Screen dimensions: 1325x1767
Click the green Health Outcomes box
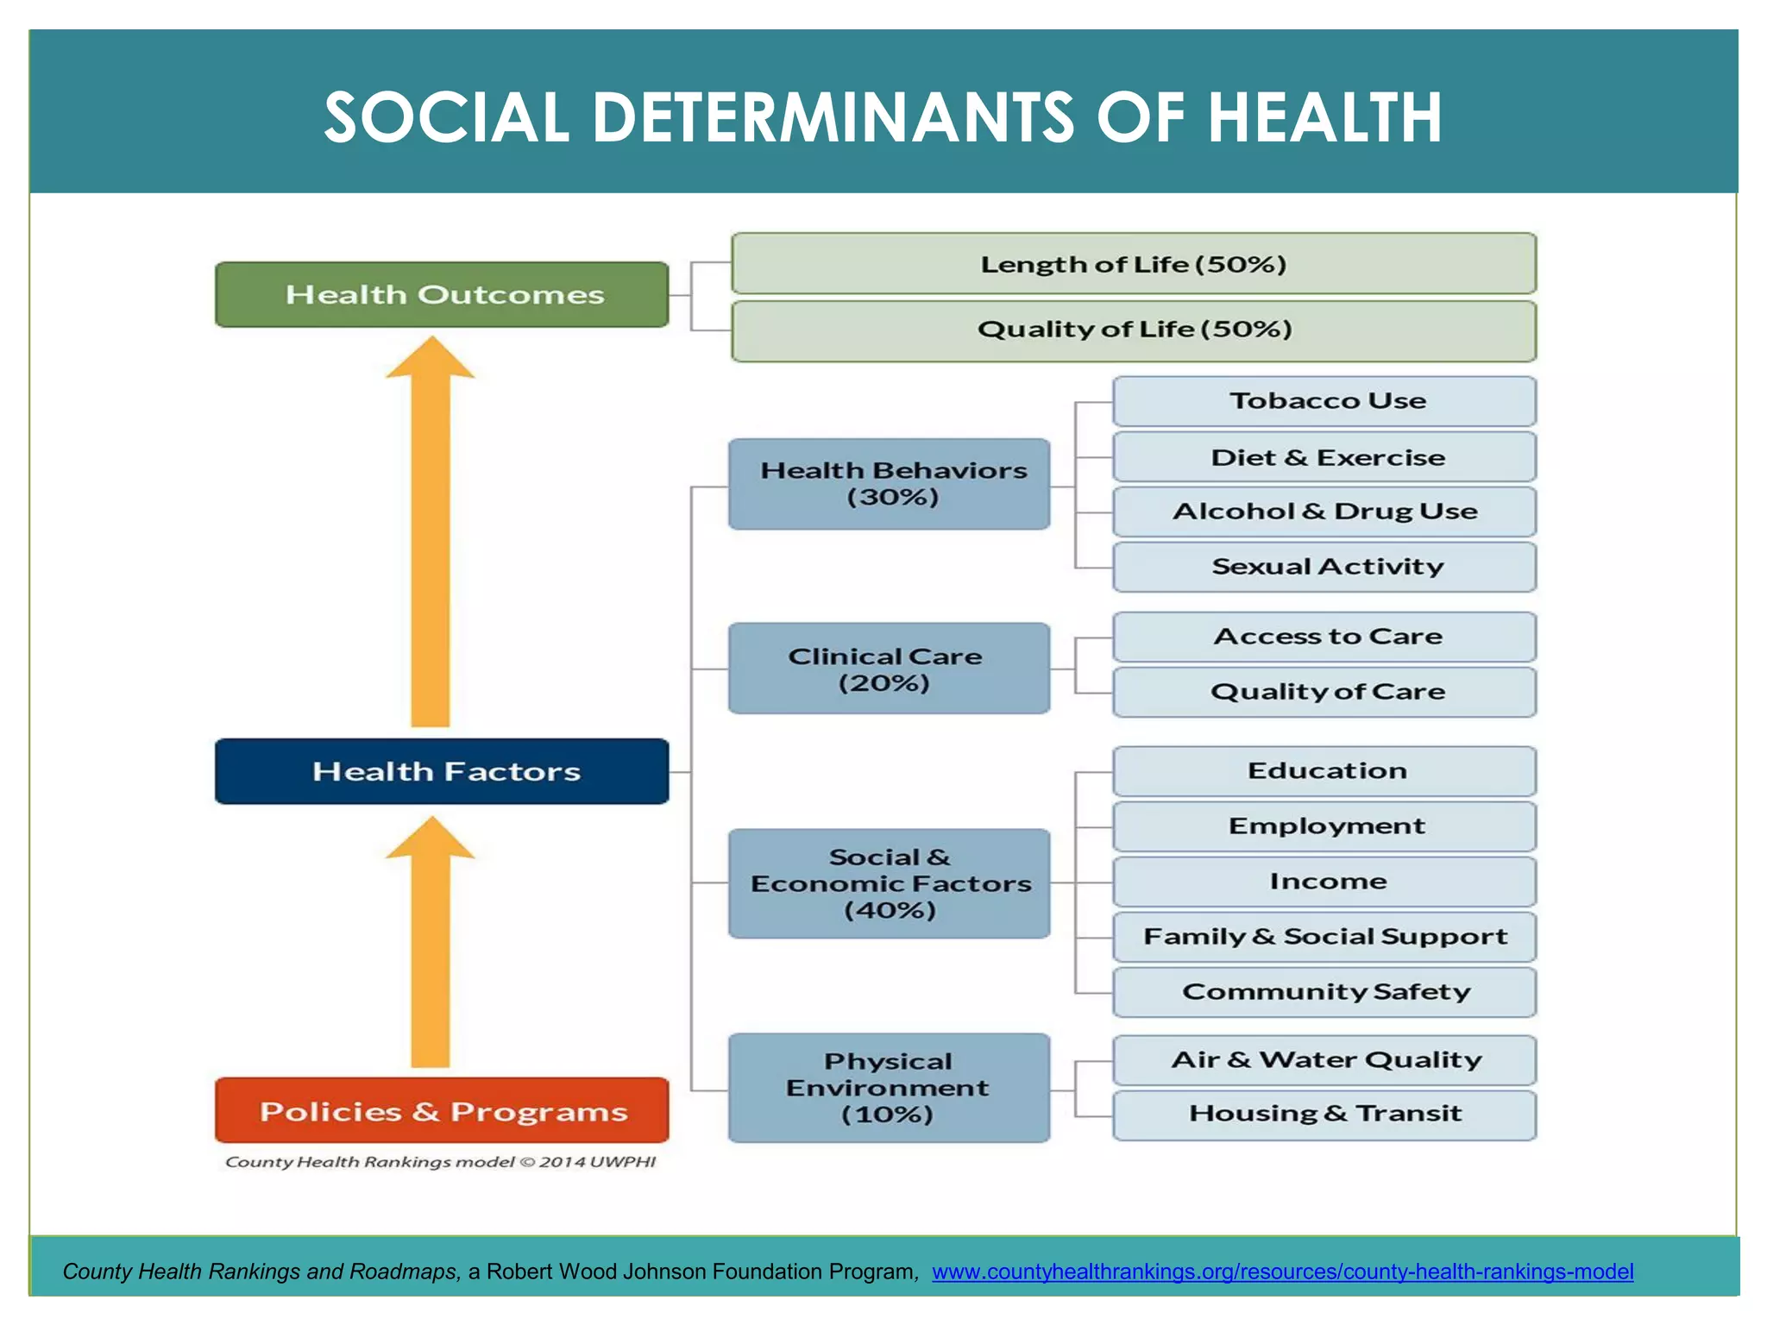coord(442,295)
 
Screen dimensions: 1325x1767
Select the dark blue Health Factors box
coord(442,771)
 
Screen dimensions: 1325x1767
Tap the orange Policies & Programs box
coord(442,1110)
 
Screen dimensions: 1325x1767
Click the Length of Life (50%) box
coord(1133,264)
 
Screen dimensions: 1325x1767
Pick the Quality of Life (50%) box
coord(1133,330)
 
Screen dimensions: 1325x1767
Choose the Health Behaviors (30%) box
coord(890,484)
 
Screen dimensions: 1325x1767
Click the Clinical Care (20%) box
coord(890,669)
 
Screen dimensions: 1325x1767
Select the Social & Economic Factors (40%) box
coord(890,883)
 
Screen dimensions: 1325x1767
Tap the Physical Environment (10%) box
coord(890,1088)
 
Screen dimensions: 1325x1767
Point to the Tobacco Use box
coord(1324,401)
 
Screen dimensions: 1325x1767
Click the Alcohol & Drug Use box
coord(1324,512)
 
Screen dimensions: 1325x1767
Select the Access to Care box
coord(1324,637)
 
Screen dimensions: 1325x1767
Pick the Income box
coord(1324,882)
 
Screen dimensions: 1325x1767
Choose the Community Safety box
coord(1324,992)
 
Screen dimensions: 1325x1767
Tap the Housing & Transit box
coord(1324,1115)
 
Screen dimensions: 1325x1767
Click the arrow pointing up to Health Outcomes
coord(430,535)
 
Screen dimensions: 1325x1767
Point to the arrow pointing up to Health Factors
coord(430,945)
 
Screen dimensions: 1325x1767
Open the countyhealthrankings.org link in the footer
coord(1282,1272)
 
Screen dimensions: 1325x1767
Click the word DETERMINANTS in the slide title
coord(833,118)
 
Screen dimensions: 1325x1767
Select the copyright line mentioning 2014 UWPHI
coord(440,1162)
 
